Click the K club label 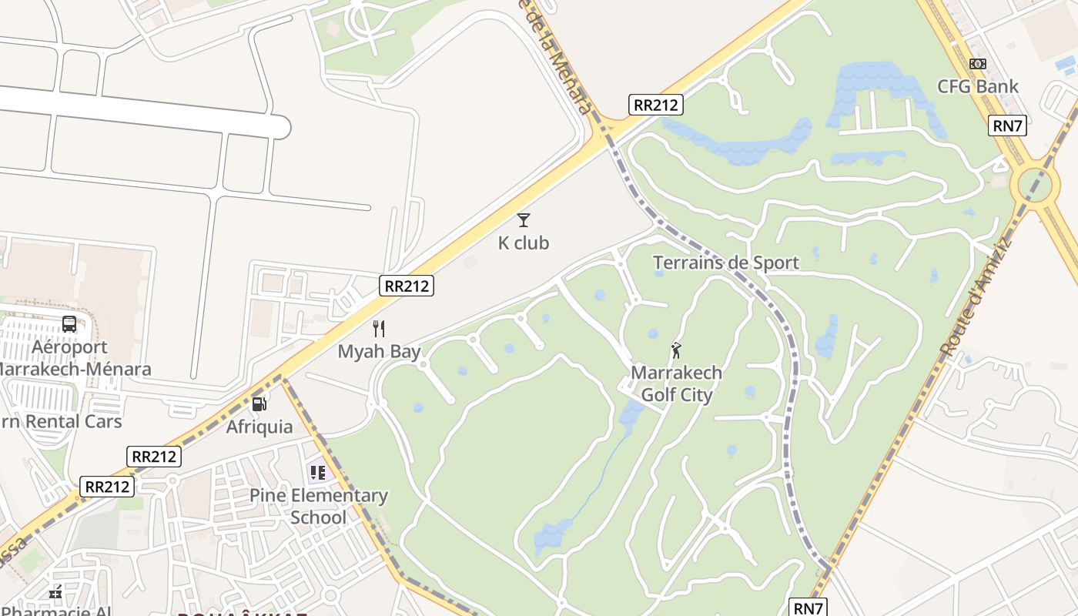(524, 243)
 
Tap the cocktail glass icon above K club (524, 220)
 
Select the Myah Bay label (380, 352)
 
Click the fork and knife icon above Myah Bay (379, 329)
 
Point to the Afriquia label (259, 427)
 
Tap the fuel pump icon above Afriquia (259, 403)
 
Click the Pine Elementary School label (319, 506)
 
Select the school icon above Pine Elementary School (318, 472)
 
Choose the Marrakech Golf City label (677, 383)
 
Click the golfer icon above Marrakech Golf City (677, 351)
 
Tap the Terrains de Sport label (726, 263)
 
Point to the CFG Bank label (978, 86)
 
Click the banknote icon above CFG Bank (978, 64)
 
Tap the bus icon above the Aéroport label (69, 324)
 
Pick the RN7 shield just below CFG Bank (1008, 125)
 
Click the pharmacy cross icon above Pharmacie (55, 593)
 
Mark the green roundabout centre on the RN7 (1034, 185)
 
